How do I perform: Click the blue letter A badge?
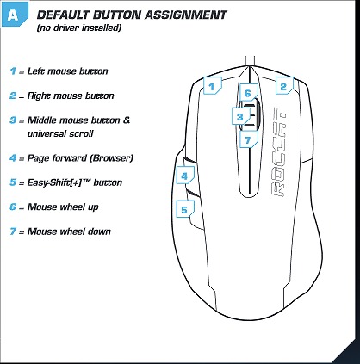coord(15,15)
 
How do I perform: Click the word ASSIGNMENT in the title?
coord(186,15)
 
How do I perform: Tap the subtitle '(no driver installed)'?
coord(79,28)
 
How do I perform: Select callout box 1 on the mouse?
coord(212,85)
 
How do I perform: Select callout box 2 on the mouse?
coord(284,85)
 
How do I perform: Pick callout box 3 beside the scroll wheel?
coord(240,116)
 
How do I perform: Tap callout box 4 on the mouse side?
coord(185,176)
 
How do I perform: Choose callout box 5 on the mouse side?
coord(185,209)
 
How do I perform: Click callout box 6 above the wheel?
coord(249,92)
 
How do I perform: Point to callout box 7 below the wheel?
coord(249,139)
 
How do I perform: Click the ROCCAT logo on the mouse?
coord(278,152)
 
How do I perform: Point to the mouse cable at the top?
coord(250,61)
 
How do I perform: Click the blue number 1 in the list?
coord(13,71)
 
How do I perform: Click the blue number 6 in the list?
coord(13,207)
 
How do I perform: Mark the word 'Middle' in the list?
coord(41,120)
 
